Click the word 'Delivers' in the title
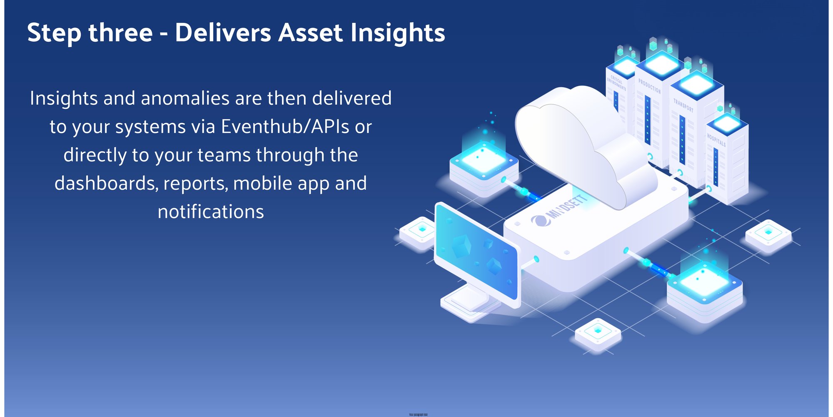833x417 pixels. (223, 33)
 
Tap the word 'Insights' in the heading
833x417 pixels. (398, 33)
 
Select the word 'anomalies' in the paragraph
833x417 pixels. (185, 99)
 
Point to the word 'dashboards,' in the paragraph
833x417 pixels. (107, 183)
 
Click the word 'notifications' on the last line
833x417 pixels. (211, 212)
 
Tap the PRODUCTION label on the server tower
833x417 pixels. (649, 86)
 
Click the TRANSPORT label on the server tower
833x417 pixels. (683, 105)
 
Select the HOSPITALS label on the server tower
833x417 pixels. (716, 140)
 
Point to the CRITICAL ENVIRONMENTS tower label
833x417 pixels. (616, 83)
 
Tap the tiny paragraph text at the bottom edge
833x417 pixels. (418, 414)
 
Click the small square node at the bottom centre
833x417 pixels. (598, 332)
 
